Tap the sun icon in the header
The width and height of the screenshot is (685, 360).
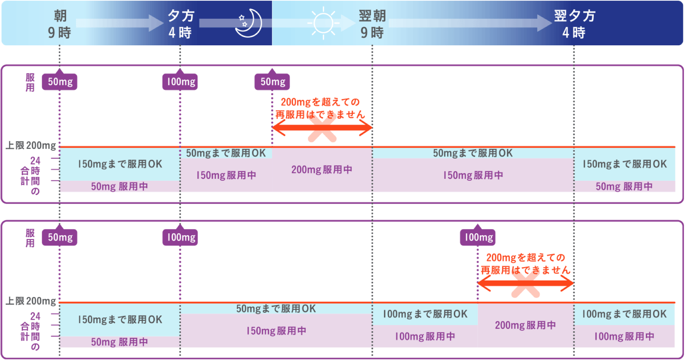(x=323, y=23)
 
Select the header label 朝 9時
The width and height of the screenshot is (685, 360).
(x=60, y=24)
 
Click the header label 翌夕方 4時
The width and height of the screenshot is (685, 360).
(x=574, y=24)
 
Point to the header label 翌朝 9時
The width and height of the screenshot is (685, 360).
(x=372, y=24)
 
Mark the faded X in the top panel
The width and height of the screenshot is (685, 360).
(x=322, y=128)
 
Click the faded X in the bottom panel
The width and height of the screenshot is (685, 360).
(x=525, y=284)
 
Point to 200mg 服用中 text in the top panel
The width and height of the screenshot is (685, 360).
(x=322, y=170)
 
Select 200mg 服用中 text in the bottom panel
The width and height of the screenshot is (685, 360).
(x=525, y=325)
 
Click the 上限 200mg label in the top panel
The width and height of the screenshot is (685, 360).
(x=31, y=145)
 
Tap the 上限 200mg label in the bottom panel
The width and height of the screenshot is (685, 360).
(x=31, y=301)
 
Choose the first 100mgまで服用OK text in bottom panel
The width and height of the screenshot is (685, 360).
(x=425, y=314)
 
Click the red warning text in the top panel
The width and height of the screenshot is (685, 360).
(x=320, y=108)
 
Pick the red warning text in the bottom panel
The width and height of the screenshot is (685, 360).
(x=525, y=264)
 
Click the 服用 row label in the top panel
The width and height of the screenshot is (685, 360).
(x=30, y=83)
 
